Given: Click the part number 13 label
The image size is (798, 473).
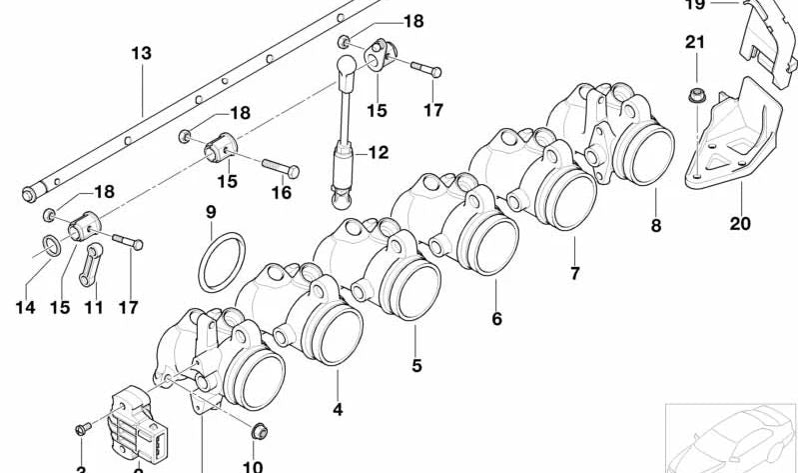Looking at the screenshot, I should click(142, 53).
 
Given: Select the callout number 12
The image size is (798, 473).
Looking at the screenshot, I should click(378, 153).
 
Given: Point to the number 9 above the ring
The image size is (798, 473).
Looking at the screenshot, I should click(211, 212).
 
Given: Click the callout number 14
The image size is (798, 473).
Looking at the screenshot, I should click(26, 308).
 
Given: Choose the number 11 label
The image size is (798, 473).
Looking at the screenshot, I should click(93, 308).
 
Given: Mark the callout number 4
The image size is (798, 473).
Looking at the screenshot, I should click(338, 409).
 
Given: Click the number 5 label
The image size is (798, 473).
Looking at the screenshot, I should click(416, 366).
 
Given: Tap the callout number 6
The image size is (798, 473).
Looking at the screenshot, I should click(496, 319).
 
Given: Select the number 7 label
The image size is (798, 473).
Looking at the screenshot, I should click(574, 273).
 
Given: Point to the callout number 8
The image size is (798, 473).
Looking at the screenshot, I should click(656, 226).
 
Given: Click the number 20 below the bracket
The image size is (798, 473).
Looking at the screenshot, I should click(739, 223).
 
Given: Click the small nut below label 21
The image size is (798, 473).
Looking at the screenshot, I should click(694, 96).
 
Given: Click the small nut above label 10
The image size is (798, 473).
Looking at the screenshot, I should click(258, 431).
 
